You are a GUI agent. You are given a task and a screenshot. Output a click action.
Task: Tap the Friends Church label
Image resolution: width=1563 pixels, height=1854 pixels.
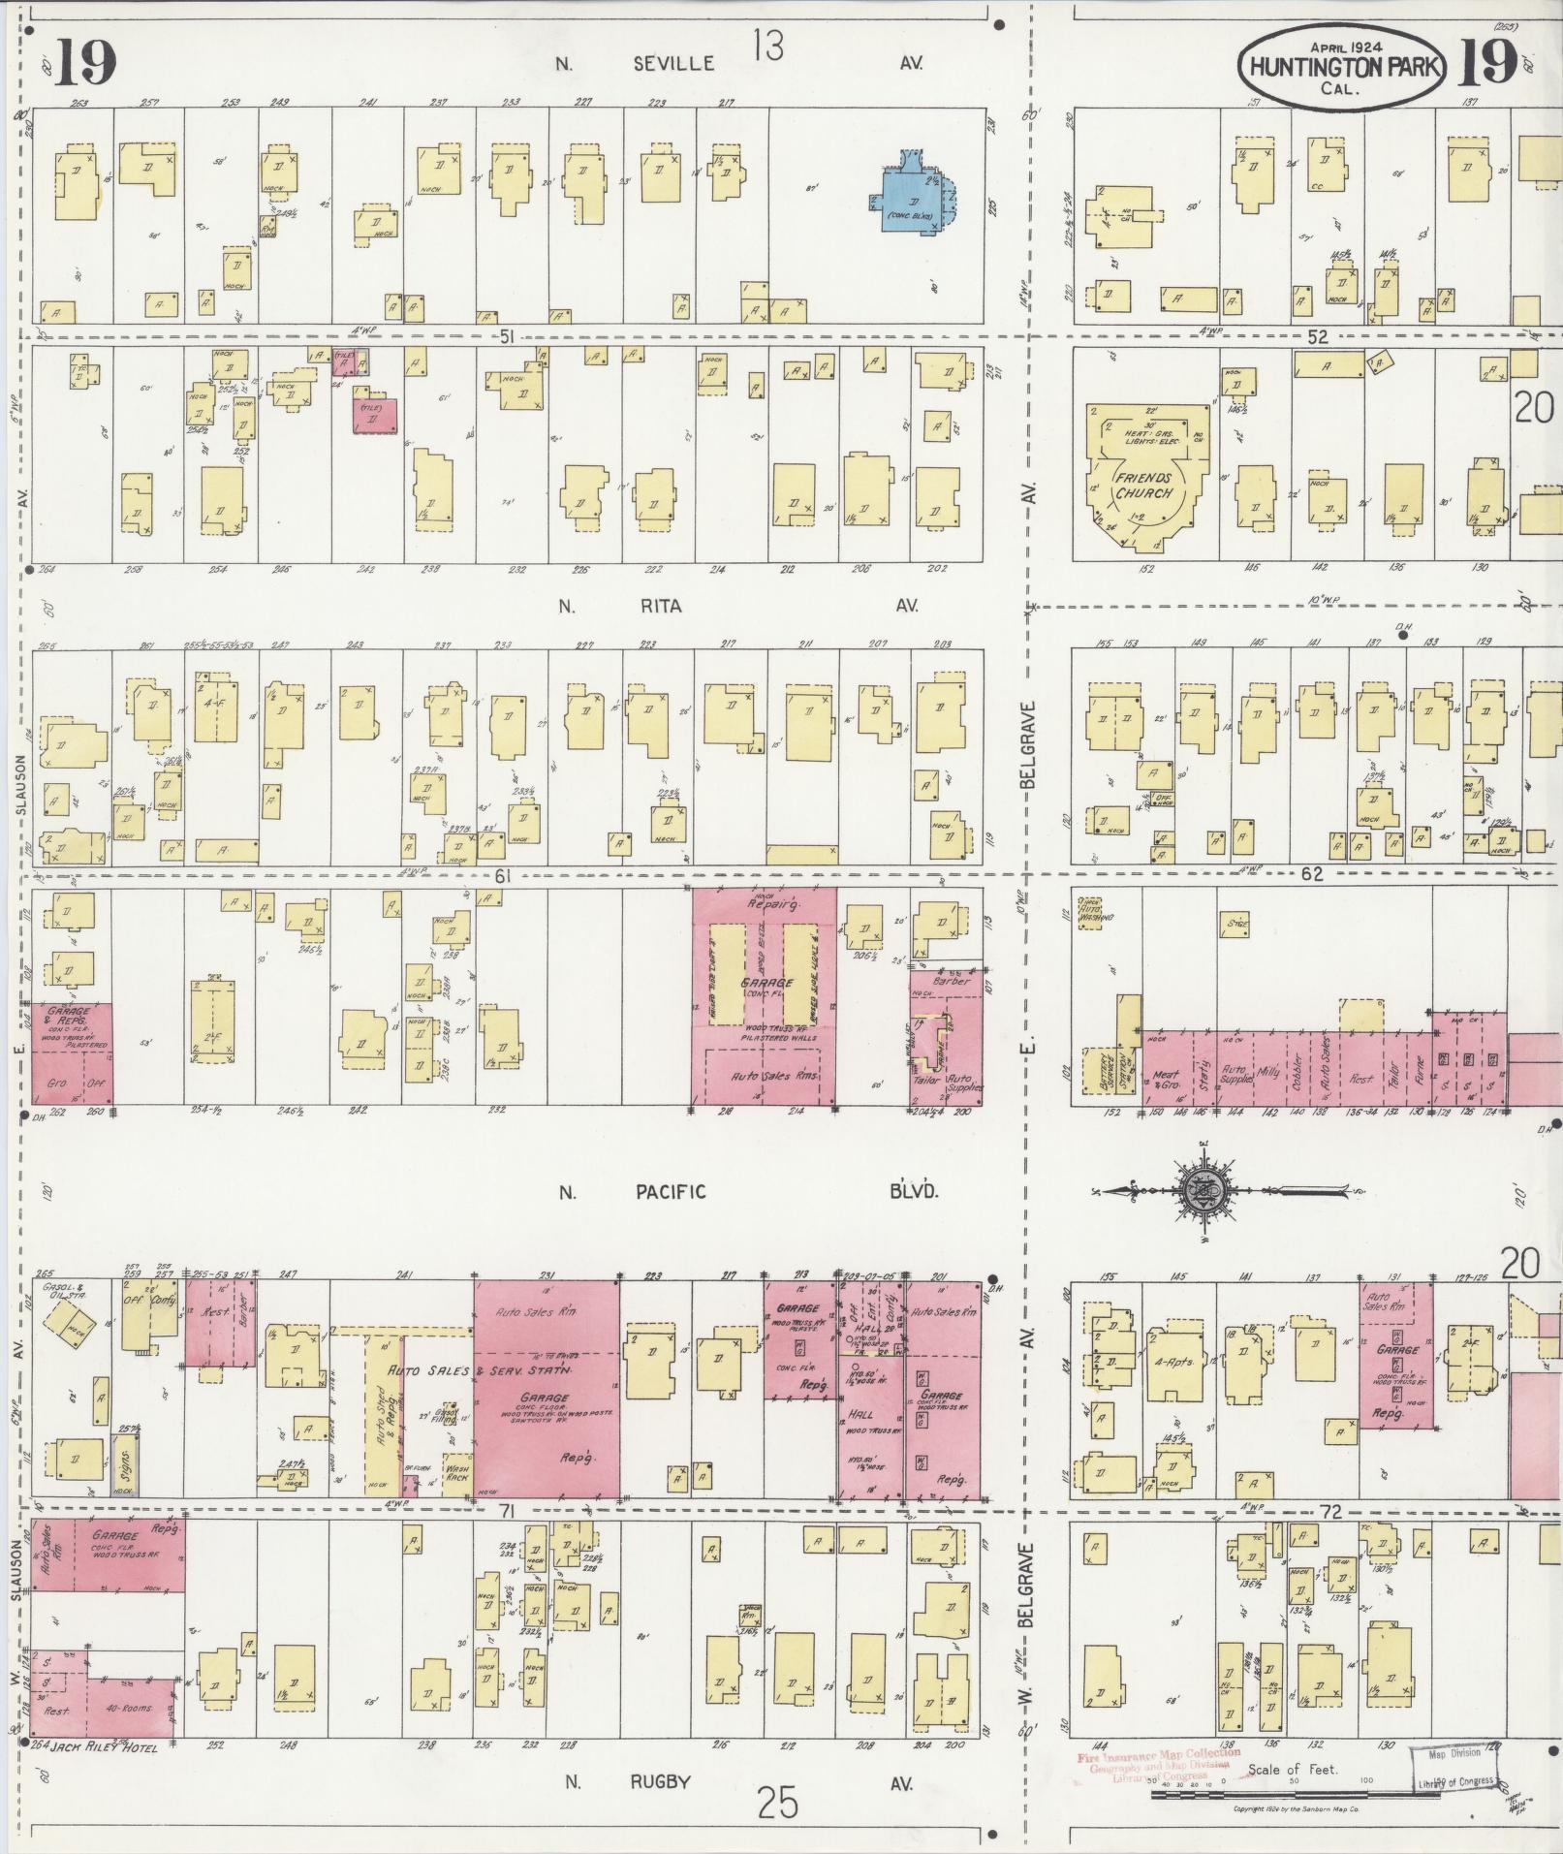(x=1142, y=486)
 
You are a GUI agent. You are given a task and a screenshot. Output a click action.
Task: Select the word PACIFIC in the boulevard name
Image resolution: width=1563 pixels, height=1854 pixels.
(x=671, y=1192)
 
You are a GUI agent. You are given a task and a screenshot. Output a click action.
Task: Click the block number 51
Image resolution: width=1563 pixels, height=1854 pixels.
(x=505, y=337)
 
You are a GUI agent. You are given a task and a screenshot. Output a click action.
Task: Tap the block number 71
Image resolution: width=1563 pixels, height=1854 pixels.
(x=505, y=1512)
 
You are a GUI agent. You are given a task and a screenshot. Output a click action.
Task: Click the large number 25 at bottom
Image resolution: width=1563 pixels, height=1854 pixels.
(x=778, y=1805)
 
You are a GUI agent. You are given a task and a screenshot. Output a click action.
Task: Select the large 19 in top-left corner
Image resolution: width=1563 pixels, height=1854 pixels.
(x=85, y=63)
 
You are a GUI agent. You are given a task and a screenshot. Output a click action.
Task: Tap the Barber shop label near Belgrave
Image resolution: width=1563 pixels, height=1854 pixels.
(x=950, y=981)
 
